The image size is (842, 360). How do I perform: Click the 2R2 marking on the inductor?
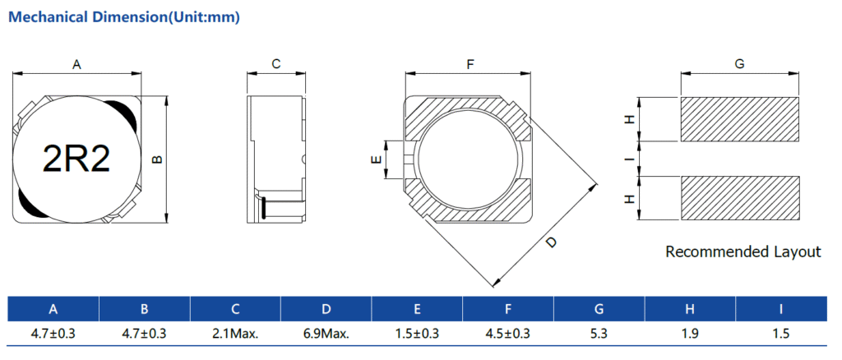coord(76,159)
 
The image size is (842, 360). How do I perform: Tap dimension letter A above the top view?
coord(76,65)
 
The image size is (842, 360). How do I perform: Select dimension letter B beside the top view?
coord(157,159)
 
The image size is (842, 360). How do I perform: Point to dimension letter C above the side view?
coord(276,64)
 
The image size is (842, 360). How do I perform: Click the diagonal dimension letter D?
coord(551,242)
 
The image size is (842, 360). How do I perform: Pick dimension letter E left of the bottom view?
coord(376,159)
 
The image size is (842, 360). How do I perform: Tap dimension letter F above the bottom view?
coord(470,65)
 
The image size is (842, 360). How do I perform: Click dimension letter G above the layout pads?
coord(739,64)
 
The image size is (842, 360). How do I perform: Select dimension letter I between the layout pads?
coord(629,159)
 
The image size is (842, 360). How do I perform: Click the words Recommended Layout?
coord(743,252)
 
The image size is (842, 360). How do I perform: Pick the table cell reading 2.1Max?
coord(235,334)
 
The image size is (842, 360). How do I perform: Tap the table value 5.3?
coord(599,334)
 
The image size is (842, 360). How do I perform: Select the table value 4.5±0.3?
coord(508,334)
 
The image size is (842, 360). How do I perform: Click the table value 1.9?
coord(690,334)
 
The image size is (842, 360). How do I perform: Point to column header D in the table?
coord(326,309)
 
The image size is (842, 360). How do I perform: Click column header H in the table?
coord(691,309)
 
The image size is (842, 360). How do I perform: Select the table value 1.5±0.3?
coord(417,334)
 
